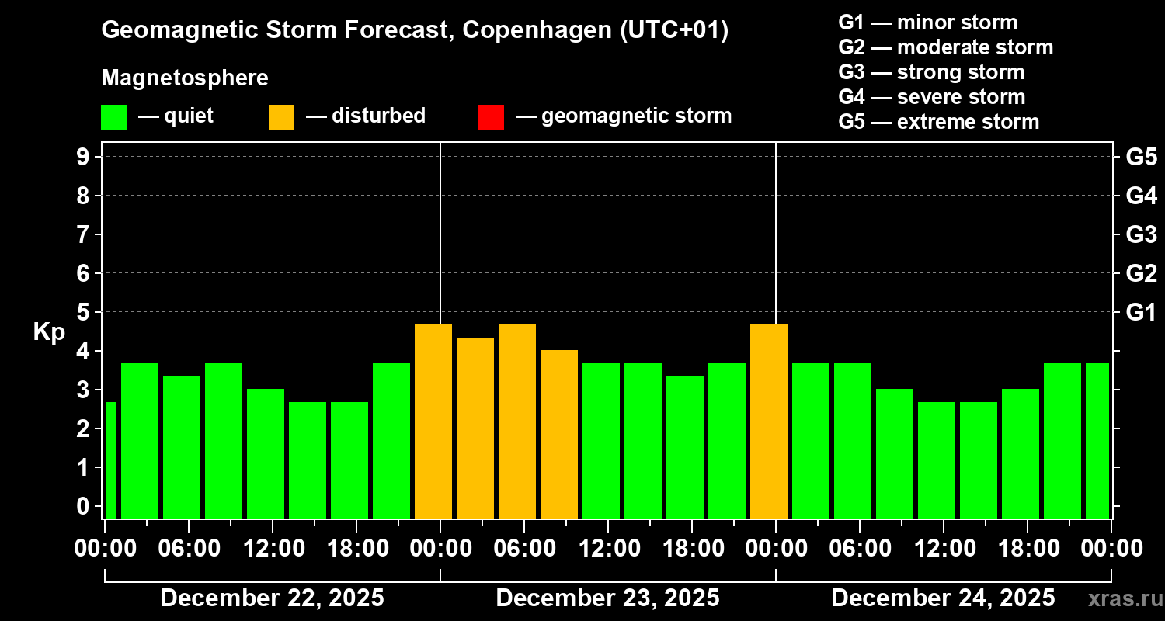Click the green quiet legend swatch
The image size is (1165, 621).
(113, 116)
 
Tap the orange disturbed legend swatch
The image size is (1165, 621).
(281, 116)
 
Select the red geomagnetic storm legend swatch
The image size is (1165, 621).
(491, 116)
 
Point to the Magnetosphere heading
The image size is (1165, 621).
(185, 78)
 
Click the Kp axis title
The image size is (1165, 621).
(49, 332)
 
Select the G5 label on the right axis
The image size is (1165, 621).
(1141, 157)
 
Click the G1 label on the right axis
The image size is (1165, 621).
(1141, 312)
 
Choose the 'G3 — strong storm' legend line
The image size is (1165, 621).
(931, 72)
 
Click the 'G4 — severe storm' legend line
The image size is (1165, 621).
(932, 97)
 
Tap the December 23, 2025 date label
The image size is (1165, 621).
(607, 598)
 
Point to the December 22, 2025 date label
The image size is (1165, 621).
(272, 598)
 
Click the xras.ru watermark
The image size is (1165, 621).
(1119, 598)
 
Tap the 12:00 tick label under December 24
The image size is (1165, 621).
(943, 548)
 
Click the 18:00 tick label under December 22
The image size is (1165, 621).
(356, 548)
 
